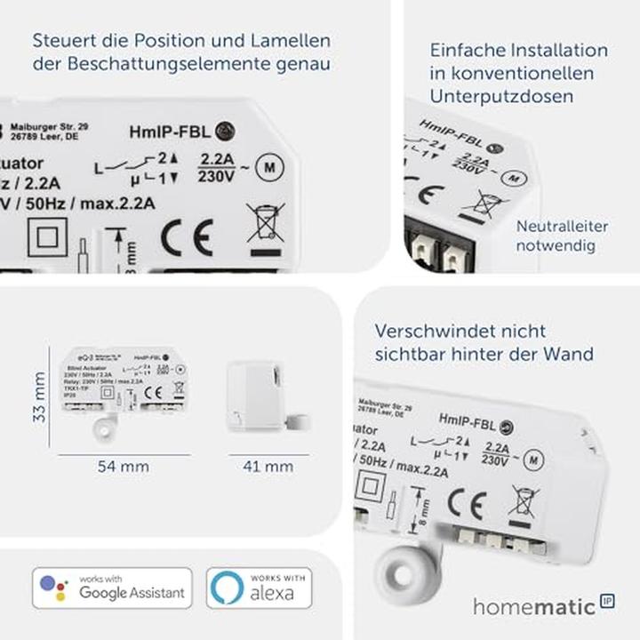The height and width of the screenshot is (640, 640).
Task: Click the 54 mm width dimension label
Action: tap(124, 466)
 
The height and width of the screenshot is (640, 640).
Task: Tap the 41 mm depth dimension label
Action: tap(268, 466)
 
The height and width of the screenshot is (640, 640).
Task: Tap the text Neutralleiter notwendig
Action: tap(562, 236)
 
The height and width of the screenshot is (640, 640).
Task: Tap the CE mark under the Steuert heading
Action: tap(187, 238)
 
